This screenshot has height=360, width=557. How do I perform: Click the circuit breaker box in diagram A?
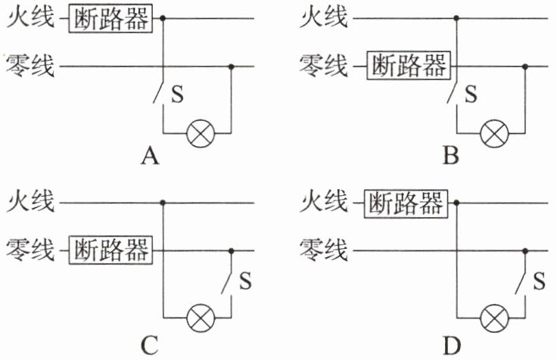click(110, 17)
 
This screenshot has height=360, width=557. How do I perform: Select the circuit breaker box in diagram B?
click(406, 67)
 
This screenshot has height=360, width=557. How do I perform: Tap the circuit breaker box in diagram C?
click(110, 250)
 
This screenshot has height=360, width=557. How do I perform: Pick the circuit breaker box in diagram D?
click(406, 202)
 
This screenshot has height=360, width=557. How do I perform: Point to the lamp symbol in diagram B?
click(494, 134)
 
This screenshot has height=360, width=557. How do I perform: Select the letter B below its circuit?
click(451, 157)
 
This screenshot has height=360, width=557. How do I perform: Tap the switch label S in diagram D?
click(540, 281)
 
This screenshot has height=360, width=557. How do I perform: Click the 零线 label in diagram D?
click(325, 250)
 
